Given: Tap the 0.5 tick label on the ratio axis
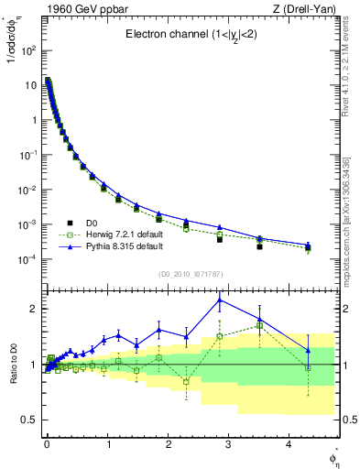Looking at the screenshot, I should pyautogui.click(x=27, y=420).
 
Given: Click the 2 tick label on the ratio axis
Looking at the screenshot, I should pyautogui.click(x=32, y=309).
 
